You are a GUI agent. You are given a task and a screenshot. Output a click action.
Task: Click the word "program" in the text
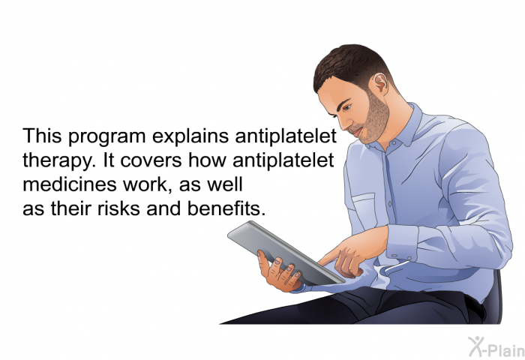click(x=106, y=137)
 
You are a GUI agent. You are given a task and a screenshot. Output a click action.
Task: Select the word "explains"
click(x=190, y=136)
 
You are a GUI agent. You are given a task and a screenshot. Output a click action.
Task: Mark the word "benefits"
click(x=224, y=208)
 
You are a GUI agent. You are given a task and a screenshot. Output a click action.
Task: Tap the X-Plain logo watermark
click(x=496, y=347)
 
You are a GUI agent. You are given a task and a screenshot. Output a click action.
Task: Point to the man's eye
click(x=346, y=107)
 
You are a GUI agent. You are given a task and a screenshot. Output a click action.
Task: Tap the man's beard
click(x=374, y=119)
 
